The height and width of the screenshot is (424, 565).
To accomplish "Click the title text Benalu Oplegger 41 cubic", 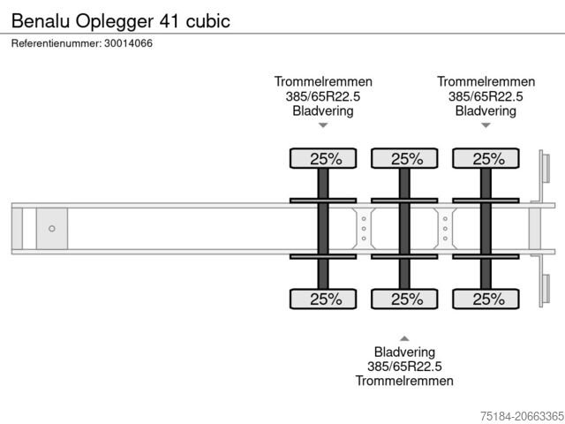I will coord(120,20).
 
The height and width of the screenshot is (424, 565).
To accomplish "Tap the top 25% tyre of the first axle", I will coord(323,159).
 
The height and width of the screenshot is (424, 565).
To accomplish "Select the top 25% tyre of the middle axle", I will coord(404,159).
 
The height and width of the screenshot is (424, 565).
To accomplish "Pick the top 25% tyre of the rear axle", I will coord(486,159).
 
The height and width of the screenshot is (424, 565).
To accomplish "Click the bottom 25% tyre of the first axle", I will coord(323,299).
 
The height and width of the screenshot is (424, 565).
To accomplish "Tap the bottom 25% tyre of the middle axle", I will coord(404,299).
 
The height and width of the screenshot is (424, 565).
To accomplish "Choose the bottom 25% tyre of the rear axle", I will coord(486,299).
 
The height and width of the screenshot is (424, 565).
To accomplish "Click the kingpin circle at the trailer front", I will coord(52,229).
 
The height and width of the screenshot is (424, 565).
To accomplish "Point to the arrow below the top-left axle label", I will coord(323,125).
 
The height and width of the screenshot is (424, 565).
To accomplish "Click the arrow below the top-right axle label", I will coord(486,125).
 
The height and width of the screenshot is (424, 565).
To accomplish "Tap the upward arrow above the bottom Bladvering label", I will coord(404,337).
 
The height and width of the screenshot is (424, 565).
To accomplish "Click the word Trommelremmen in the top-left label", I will coord(323,81).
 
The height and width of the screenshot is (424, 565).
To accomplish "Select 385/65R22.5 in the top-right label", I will coord(486,96).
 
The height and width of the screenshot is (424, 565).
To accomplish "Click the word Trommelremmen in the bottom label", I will coord(404,381).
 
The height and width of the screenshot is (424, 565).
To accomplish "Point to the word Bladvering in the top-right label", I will coord(486,111).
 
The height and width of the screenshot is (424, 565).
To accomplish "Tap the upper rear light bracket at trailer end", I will coord(545,167).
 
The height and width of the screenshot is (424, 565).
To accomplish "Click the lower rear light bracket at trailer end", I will coord(545,291).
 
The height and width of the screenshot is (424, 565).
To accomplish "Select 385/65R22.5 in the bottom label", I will coord(404,366).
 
